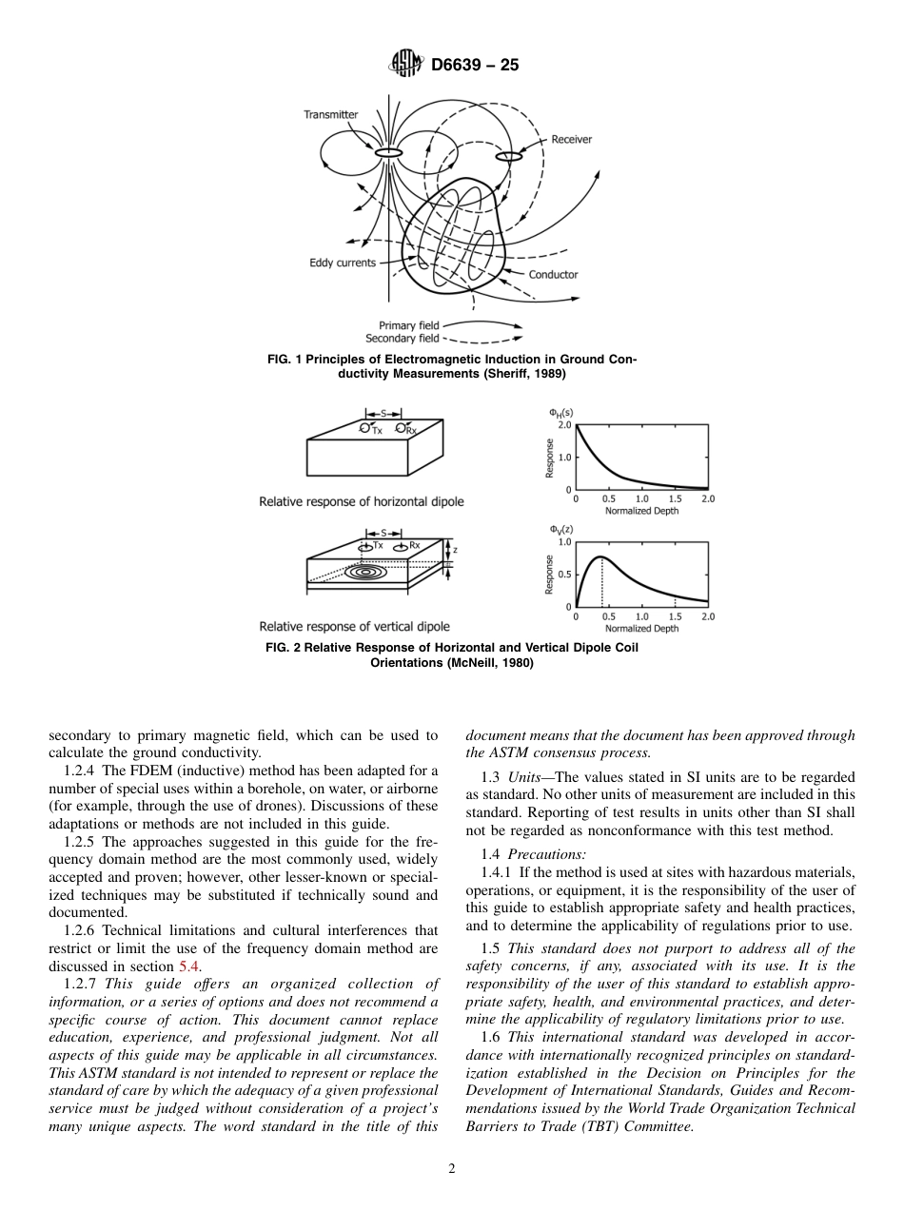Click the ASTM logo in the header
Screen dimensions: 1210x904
[406, 66]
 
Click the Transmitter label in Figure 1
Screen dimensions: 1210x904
[331, 115]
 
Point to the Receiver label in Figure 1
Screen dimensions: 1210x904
[571, 140]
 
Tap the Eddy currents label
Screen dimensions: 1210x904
[343, 263]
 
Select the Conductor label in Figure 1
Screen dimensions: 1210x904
[553, 275]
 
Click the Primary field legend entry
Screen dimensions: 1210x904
[409, 325]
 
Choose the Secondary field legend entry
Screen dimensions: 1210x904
[403, 339]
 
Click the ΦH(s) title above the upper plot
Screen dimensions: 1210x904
[560, 412]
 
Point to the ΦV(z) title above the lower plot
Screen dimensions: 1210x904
[560, 529]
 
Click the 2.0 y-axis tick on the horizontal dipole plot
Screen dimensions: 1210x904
[564, 425]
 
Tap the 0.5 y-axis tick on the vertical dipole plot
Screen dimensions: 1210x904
[564, 575]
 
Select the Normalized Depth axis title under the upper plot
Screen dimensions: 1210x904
[640, 511]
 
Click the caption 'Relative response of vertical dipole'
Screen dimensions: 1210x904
[354, 627]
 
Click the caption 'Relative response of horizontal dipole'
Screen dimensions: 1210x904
[362, 501]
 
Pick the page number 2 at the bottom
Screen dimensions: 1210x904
[452, 1169]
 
